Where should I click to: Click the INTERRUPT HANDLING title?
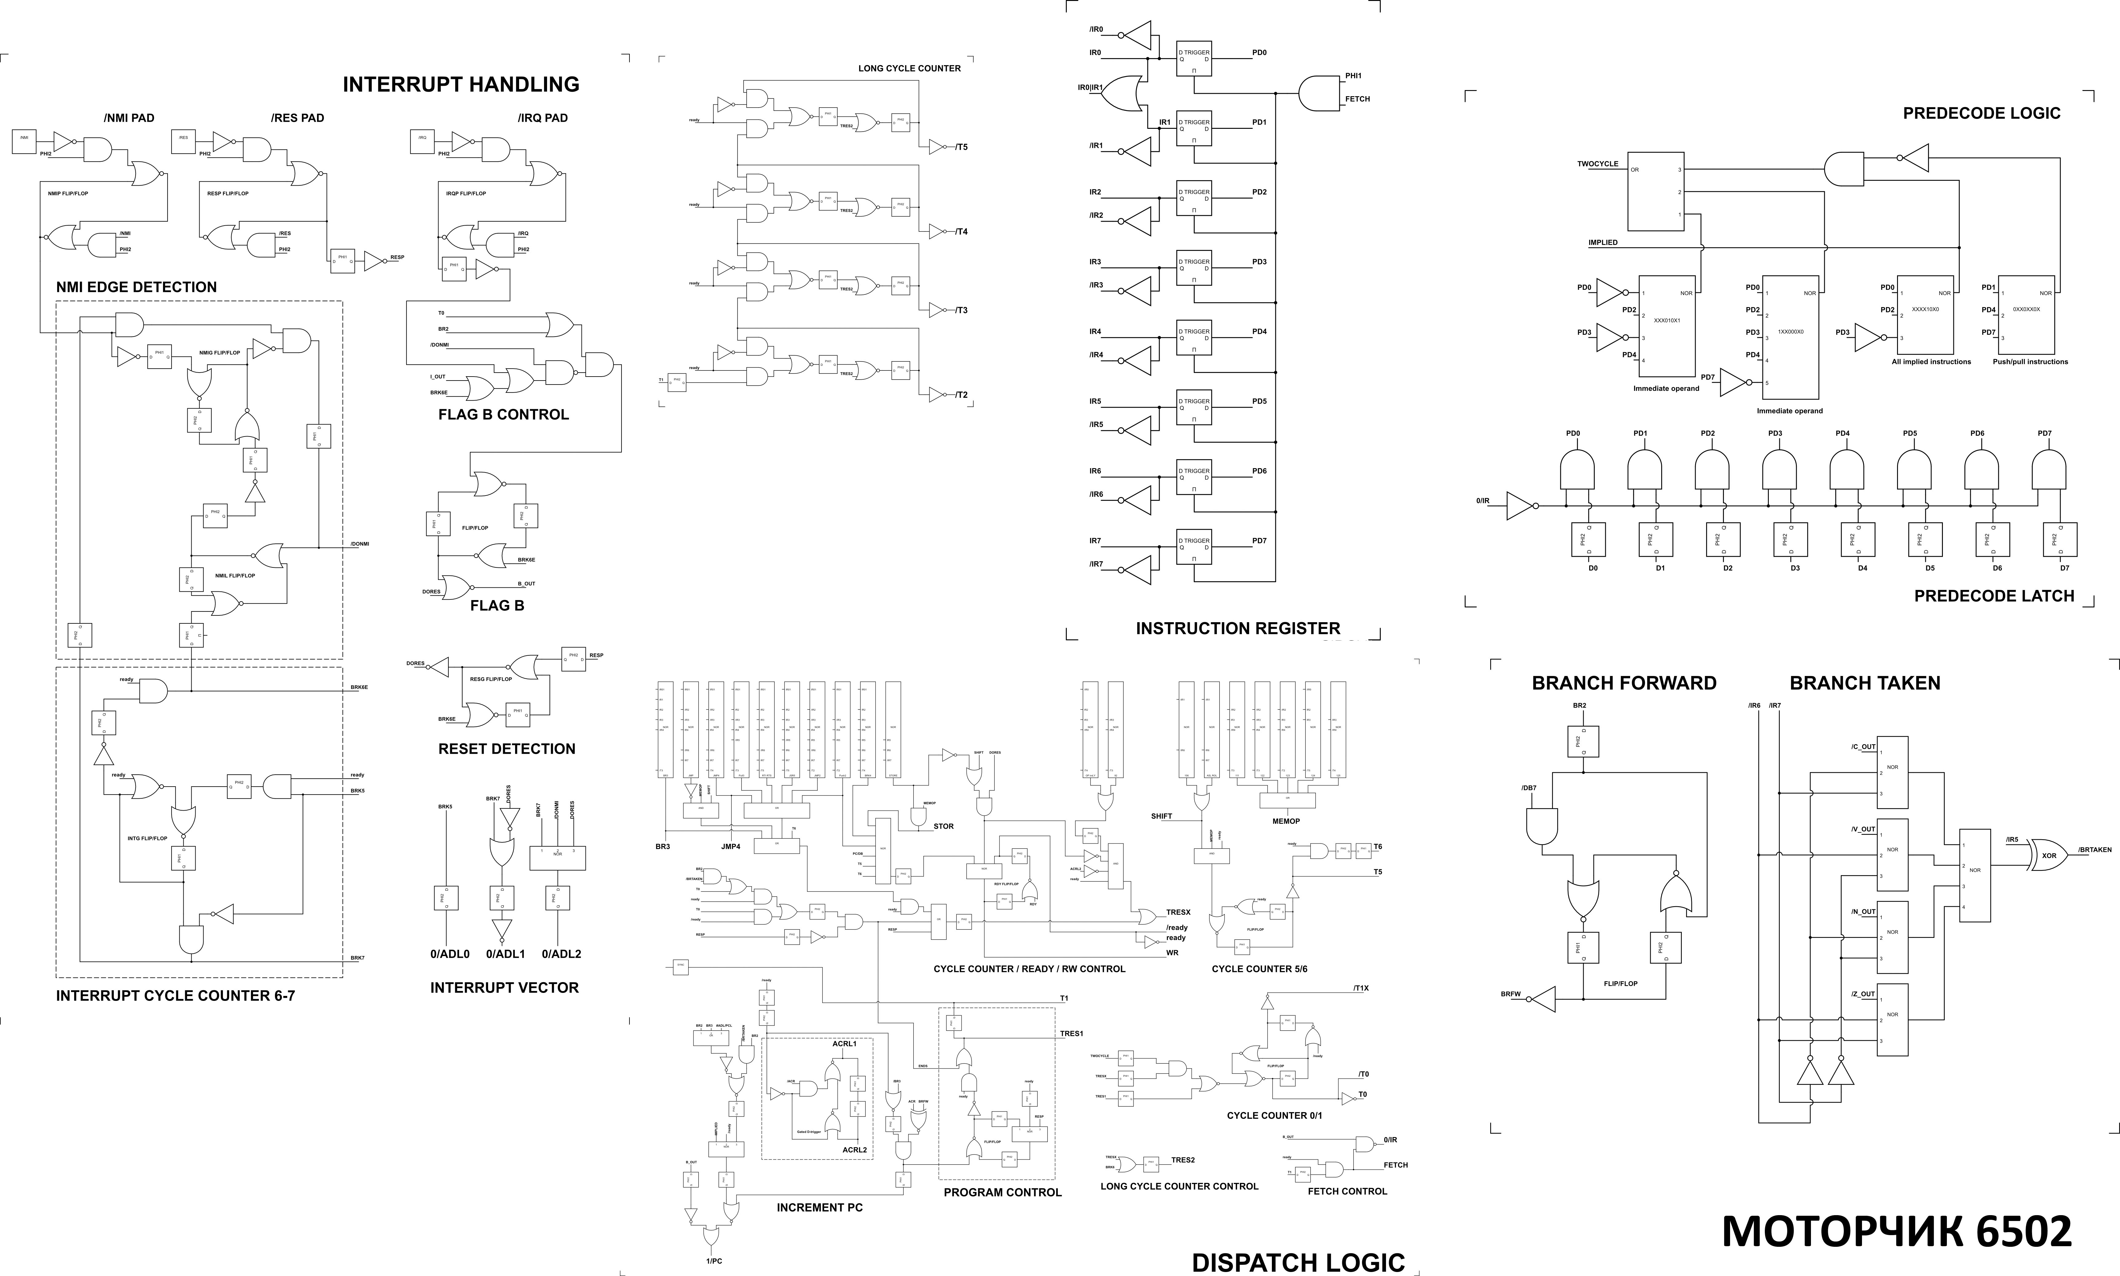click(461, 84)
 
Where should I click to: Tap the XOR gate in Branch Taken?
click(2050, 855)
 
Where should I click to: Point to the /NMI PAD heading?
click(129, 118)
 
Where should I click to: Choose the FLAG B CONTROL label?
click(503, 414)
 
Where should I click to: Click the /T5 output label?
click(961, 147)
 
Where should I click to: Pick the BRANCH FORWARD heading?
click(1624, 683)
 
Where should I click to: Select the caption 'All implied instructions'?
click(1931, 362)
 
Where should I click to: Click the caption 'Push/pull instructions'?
click(2030, 362)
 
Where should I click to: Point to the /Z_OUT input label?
click(1863, 994)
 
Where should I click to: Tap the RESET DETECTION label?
click(506, 749)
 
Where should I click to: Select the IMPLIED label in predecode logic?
click(1602, 243)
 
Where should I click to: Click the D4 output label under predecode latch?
click(1862, 568)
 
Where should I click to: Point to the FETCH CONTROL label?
click(1347, 1191)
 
